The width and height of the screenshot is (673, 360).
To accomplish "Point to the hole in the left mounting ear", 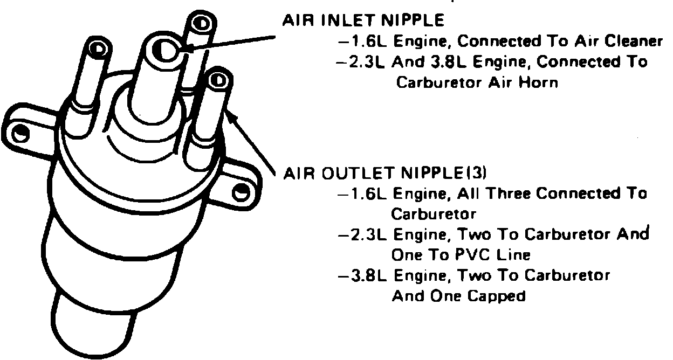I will tap(21, 132).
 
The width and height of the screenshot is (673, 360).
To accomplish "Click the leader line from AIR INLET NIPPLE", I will tap(232, 45).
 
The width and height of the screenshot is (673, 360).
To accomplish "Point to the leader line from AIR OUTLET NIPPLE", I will tap(253, 141).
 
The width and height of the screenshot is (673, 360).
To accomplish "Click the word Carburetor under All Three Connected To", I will tap(433, 214).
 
